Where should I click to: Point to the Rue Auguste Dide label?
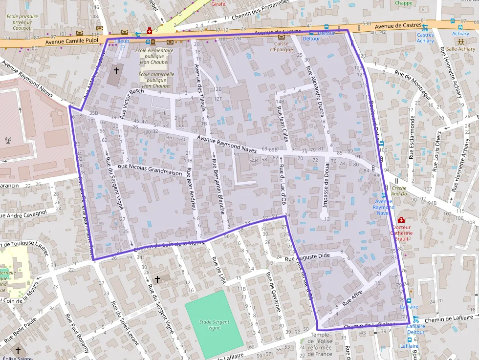point(307,256)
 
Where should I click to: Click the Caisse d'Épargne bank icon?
point(281,37)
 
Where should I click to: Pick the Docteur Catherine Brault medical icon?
point(401,220)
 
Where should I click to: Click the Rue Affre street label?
point(351,298)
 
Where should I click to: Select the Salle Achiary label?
point(460,49)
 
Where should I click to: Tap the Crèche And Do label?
point(399,191)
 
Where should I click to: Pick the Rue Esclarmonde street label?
point(412,137)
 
